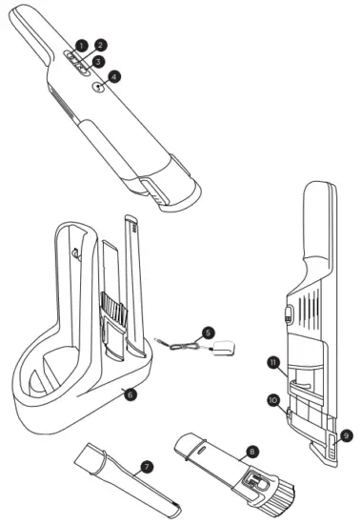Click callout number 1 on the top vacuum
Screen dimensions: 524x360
click(x=82, y=45)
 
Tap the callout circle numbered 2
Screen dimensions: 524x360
click(x=101, y=45)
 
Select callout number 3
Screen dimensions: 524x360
click(x=98, y=61)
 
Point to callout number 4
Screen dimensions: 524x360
click(x=115, y=77)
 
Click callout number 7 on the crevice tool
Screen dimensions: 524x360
click(x=147, y=467)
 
